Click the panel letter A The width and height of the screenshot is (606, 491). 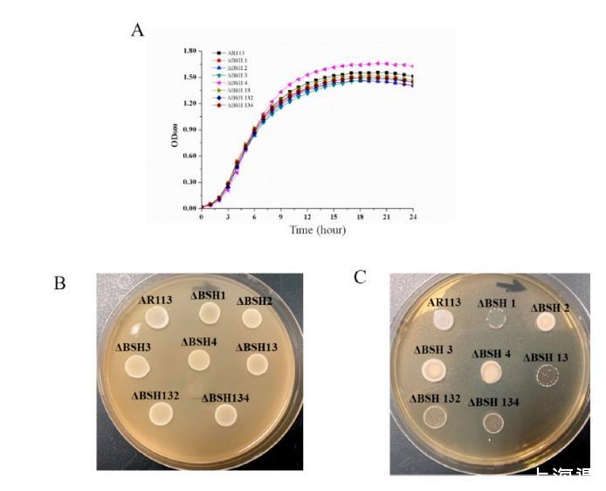point(137,31)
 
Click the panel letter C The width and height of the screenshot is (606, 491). point(360,277)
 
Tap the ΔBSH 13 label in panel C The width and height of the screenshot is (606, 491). point(547,357)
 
